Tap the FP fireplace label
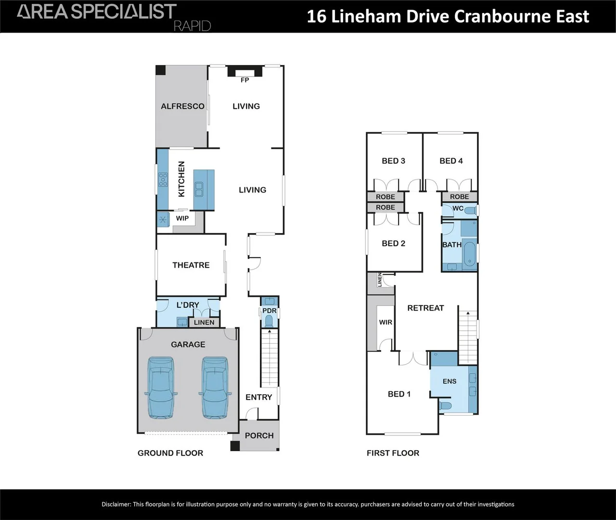click(245, 80)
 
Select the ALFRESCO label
click(182, 106)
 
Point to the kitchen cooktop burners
click(163, 180)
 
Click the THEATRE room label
click(191, 265)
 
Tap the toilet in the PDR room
click(269, 322)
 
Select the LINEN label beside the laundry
click(204, 323)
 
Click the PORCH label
click(259, 436)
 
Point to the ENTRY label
click(258, 397)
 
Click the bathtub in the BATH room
click(470, 254)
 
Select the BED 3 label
click(393, 161)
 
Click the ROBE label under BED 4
click(459, 197)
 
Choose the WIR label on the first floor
click(385, 322)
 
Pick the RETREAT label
click(425, 308)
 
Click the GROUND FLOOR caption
click(170, 453)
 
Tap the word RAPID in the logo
click(192, 26)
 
